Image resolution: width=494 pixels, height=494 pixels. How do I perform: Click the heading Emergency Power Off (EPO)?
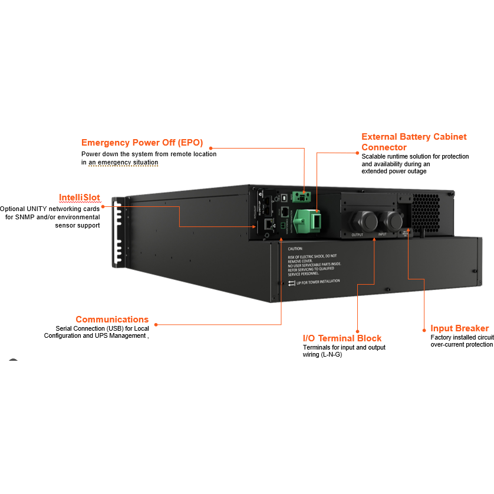[x=142, y=143]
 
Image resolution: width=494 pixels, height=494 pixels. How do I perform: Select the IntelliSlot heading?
[x=79, y=197]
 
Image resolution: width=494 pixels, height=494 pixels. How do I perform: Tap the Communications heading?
[x=112, y=320]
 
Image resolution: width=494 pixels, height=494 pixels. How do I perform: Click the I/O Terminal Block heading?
[x=342, y=338]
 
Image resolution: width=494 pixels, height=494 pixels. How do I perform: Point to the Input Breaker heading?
[x=459, y=328]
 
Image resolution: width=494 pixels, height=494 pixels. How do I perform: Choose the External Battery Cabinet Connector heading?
[x=413, y=141]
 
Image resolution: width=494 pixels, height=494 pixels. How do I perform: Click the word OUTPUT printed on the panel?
[x=357, y=235]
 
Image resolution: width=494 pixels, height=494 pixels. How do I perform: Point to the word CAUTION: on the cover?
[x=295, y=249]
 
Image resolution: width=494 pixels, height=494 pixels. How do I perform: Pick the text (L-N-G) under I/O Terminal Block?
[x=331, y=355]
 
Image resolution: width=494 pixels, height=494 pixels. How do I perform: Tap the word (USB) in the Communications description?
[x=113, y=328]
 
